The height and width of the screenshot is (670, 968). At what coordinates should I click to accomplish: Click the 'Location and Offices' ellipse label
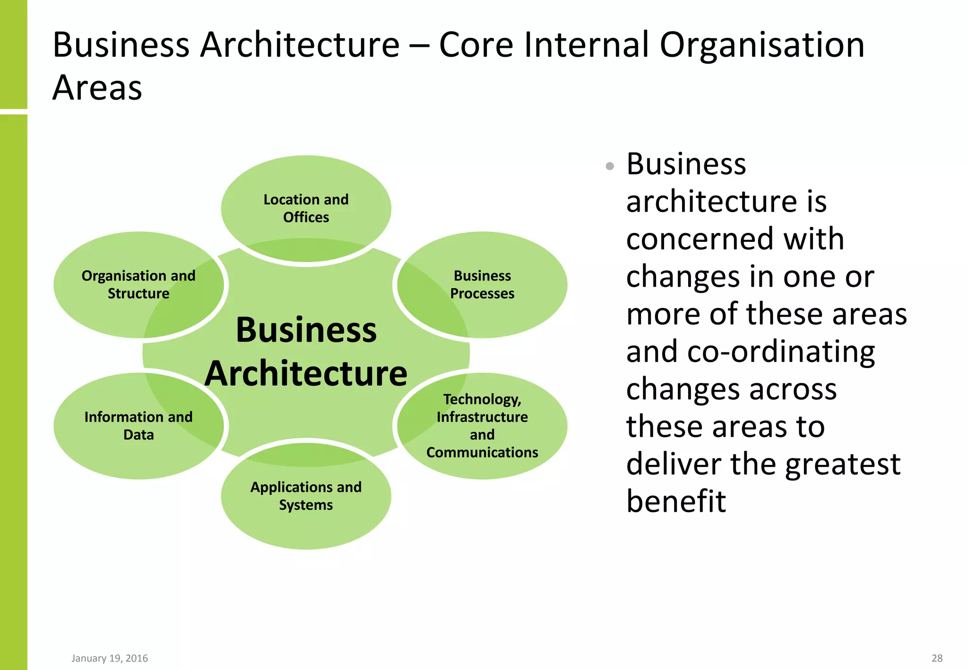(x=306, y=208)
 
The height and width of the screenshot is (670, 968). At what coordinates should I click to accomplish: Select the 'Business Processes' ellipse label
(x=482, y=284)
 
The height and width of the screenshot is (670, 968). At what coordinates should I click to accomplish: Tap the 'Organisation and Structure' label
(x=138, y=284)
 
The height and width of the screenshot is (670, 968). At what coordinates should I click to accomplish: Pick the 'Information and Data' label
(x=138, y=426)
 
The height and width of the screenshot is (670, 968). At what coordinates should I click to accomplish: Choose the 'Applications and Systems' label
(x=306, y=496)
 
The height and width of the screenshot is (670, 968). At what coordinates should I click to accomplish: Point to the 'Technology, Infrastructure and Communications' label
(x=482, y=426)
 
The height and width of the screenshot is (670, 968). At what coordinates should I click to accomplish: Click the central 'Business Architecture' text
(x=306, y=352)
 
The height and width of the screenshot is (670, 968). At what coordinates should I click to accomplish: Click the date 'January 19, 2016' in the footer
(x=110, y=658)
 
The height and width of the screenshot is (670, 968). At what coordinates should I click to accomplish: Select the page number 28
(x=937, y=658)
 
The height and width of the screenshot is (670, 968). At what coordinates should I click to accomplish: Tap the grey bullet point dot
(x=610, y=166)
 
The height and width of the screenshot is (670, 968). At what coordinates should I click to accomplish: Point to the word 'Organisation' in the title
(x=762, y=46)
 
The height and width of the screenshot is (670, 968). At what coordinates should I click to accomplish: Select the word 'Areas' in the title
(x=97, y=88)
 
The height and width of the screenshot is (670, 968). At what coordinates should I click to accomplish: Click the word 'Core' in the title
(x=476, y=45)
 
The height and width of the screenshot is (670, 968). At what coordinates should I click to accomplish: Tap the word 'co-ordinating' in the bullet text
(x=781, y=352)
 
